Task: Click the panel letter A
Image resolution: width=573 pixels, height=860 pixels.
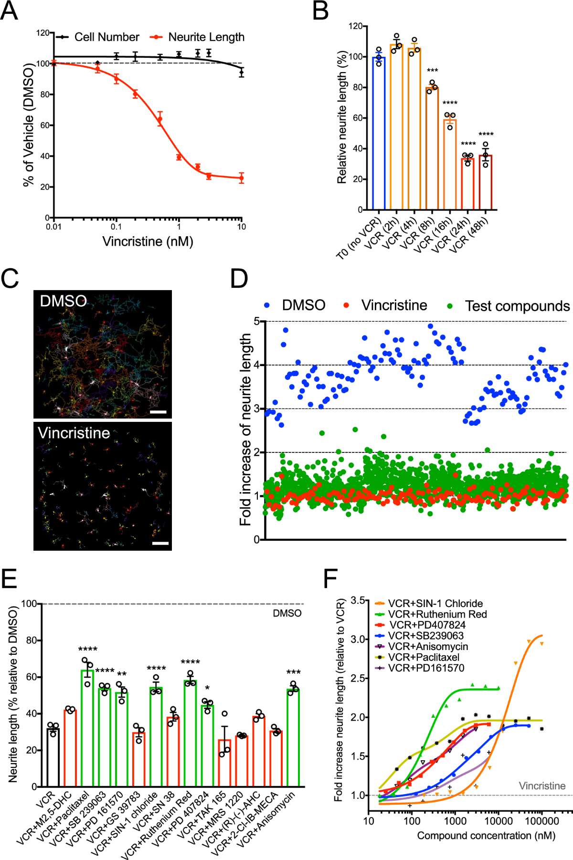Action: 10,10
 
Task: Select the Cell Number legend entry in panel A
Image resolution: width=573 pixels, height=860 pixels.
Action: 106,37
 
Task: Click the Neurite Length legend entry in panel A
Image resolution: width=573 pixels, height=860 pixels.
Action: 206,37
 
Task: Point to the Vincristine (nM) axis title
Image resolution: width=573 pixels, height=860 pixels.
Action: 148,241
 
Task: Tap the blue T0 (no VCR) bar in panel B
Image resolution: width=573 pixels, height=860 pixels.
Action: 379,134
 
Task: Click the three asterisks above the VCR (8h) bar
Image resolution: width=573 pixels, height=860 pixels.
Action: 432,71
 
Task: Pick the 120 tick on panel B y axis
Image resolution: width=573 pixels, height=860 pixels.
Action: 355,26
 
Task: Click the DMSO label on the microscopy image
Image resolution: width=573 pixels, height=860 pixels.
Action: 63,301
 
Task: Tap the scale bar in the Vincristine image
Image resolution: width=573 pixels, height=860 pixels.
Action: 160,543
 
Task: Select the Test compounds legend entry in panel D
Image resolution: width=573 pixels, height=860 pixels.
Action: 517,306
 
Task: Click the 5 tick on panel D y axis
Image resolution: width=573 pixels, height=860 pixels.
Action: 257,321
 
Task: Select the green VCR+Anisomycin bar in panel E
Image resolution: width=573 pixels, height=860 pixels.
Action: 293,738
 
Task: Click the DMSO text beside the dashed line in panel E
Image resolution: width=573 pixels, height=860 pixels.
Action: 287,613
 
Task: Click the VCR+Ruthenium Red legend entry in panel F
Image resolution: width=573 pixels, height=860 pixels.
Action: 437,614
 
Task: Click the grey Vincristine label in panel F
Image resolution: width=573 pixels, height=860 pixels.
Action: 542,786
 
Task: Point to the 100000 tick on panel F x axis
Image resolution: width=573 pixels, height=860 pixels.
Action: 541,821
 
